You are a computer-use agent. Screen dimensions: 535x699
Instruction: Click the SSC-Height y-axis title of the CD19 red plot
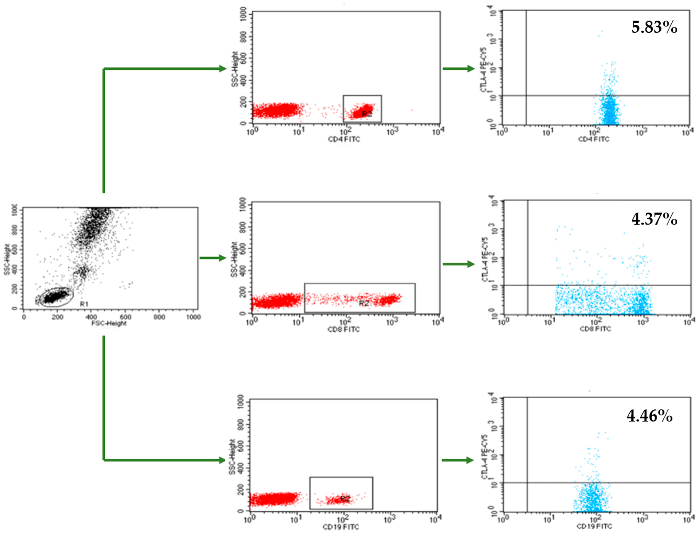(x=232, y=457)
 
